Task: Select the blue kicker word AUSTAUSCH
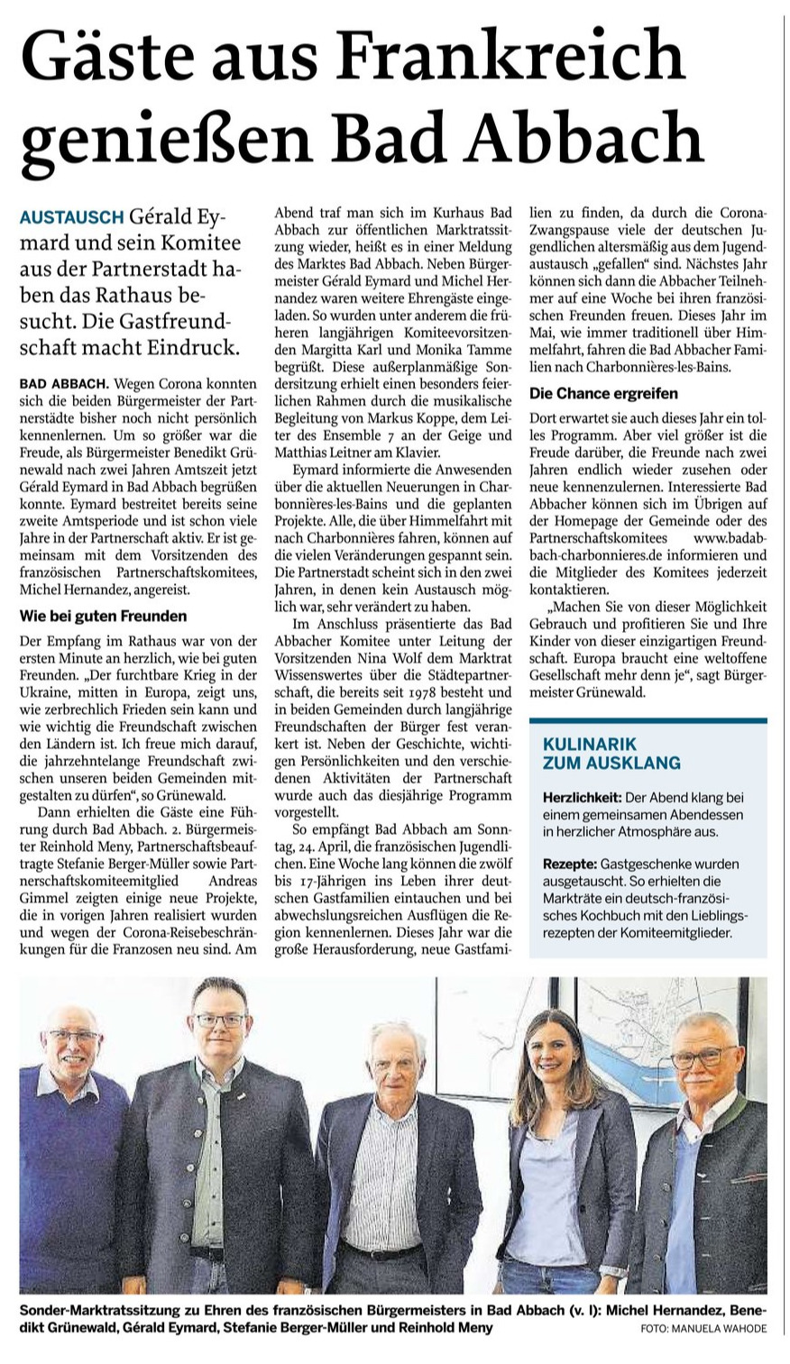coord(72,218)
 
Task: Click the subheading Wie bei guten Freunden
coord(103,617)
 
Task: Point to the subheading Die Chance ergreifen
coord(602,394)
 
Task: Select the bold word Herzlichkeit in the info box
coord(582,799)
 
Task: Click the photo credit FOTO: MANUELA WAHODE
coord(704,1329)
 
